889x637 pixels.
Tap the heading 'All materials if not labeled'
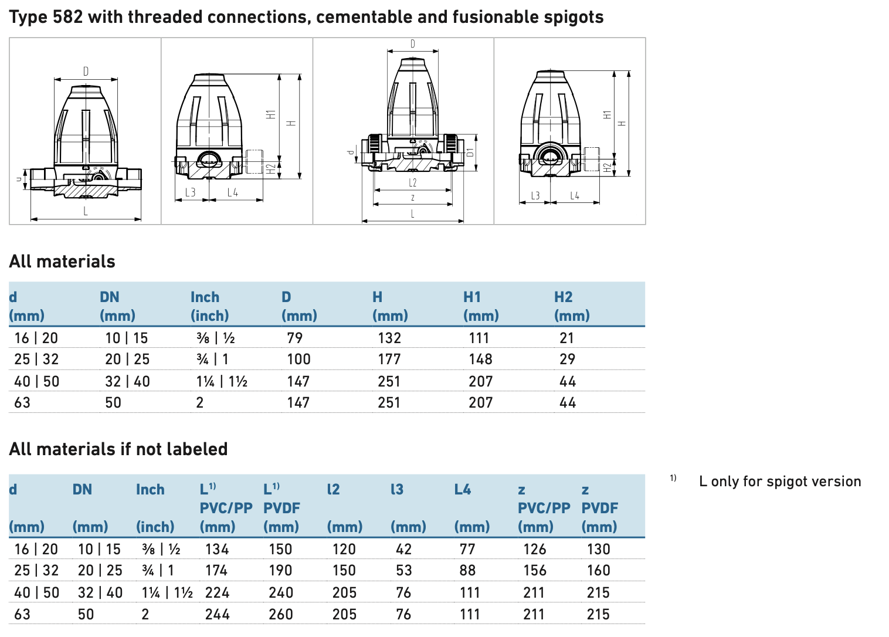click(x=118, y=449)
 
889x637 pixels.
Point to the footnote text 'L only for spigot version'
click(x=779, y=482)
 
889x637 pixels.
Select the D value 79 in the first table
click(x=294, y=338)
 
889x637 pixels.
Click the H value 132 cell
click(x=389, y=338)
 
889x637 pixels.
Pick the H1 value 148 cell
click(x=480, y=359)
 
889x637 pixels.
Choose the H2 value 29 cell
click(x=567, y=359)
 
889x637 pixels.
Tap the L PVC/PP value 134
click(x=217, y=549)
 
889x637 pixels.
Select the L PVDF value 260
click(x=281, y=614)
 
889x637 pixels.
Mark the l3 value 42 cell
click(x=403, y=549)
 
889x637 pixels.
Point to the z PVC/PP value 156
click(x=535, y=570)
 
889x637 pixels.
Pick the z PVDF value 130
click(x=598, y=549)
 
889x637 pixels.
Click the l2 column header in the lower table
click(x=333, y=489)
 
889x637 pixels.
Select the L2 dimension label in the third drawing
click(x=413, y=183)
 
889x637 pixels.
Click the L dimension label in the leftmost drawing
click(x=86, y=211)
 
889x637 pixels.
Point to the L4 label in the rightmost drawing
click(x=575, y=196)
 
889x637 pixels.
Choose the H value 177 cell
click(x=389, y=359)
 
